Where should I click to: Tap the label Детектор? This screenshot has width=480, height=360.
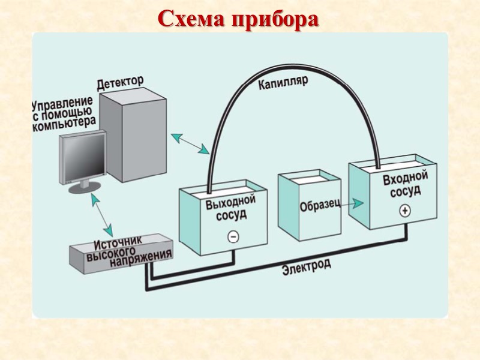pos(120,82)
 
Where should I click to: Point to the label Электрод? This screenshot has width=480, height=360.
pos(307,267)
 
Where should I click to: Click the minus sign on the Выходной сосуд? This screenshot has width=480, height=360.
pos(233,236)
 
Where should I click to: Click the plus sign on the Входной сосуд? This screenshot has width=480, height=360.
pos(404,211)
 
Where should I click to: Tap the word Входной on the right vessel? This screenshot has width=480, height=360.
pos(405,179)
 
